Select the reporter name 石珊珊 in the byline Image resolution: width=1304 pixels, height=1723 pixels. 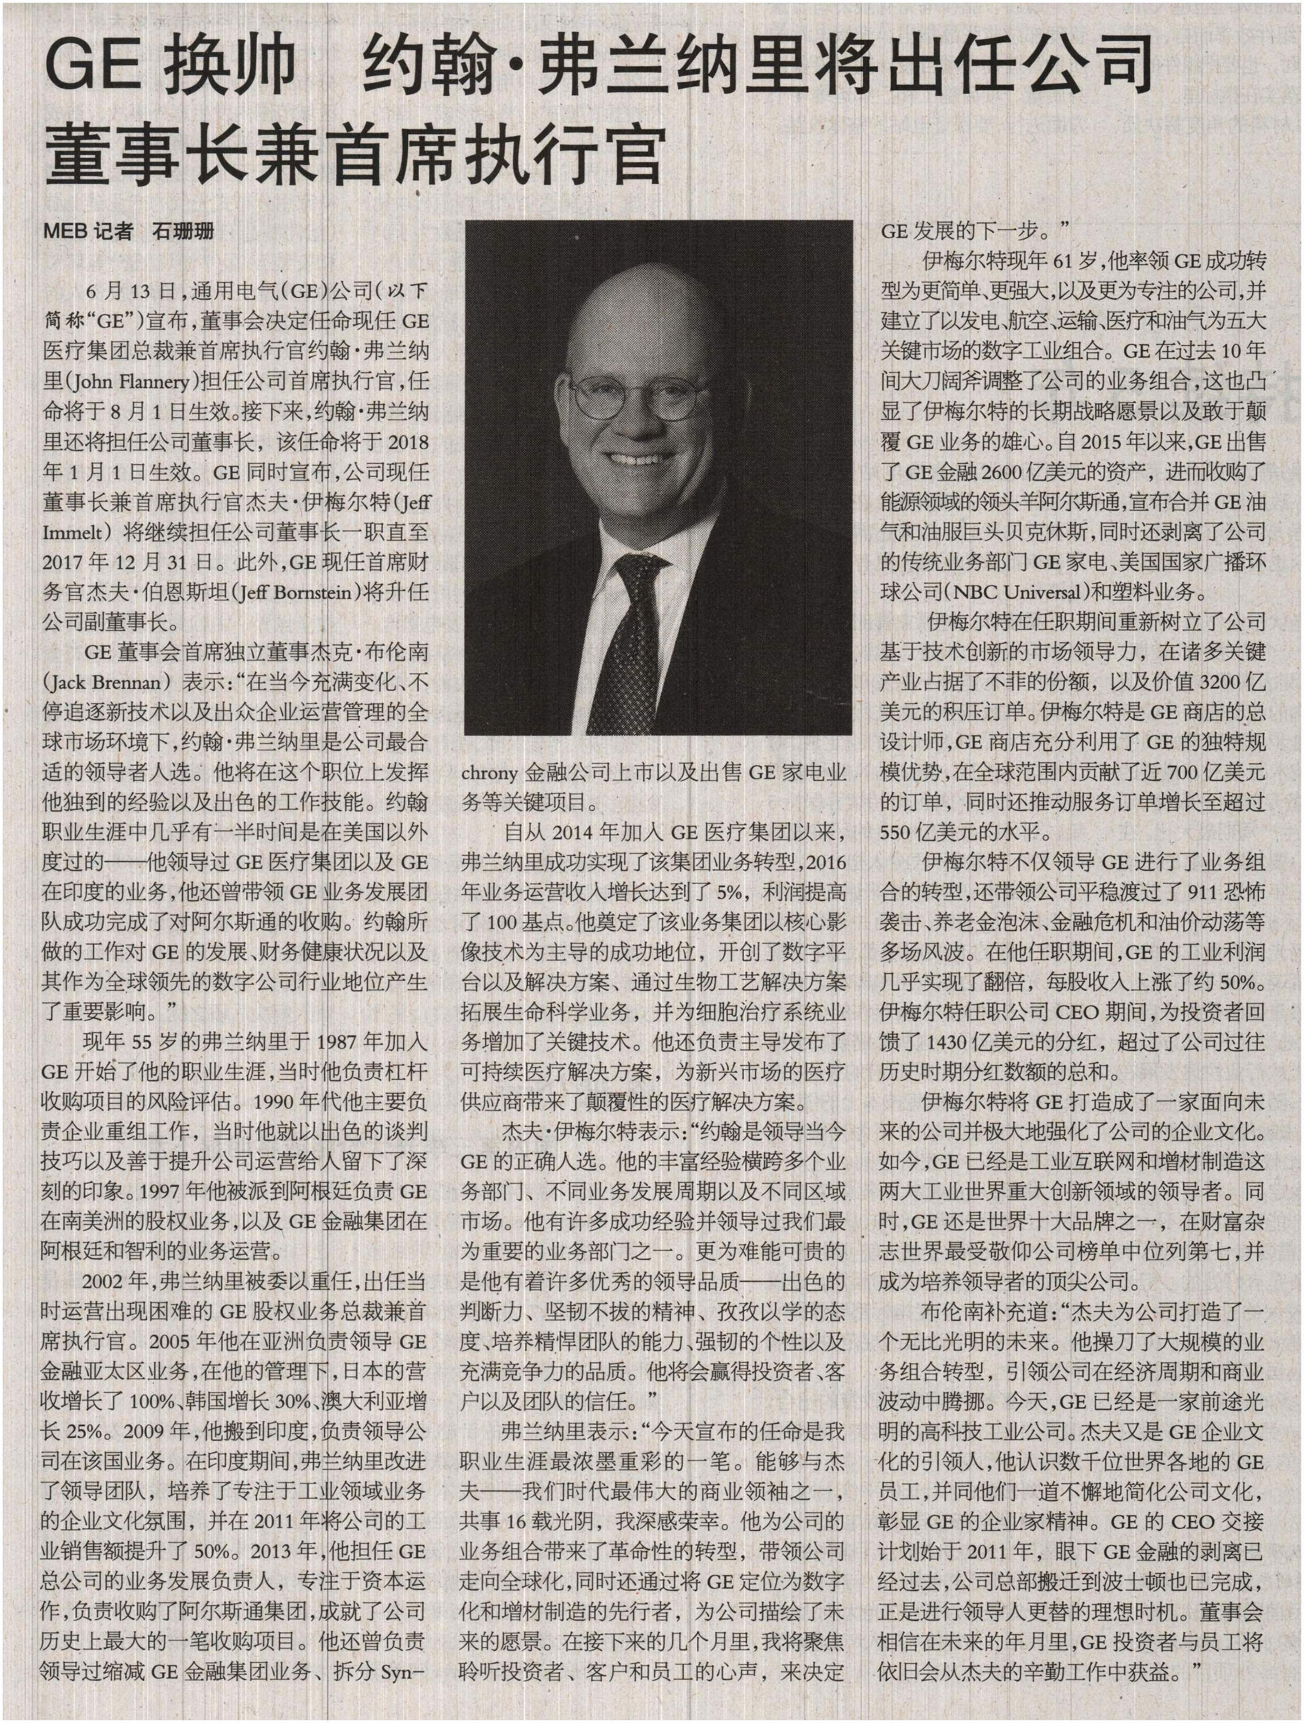point(183,231)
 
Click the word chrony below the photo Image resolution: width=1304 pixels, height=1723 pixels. point(489,773)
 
